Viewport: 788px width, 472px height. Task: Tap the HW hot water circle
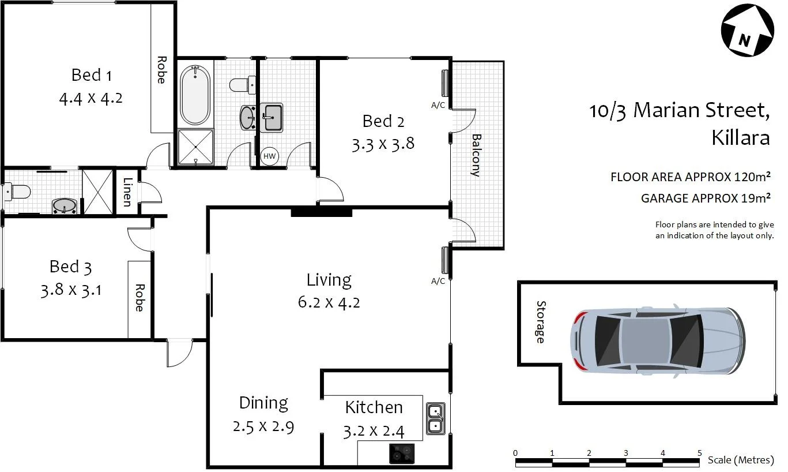[269, 155]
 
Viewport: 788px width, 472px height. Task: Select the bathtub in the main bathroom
[195, 95]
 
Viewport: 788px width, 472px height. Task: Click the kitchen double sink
[435, 419]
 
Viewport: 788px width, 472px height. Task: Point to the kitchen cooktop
[401, 454]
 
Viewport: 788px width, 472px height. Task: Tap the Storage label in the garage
[540, 322]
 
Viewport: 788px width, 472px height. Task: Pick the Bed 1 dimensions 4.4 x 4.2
[91, 98]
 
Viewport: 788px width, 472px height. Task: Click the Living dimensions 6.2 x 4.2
[329, 302]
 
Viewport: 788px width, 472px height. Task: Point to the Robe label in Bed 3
[139, 297]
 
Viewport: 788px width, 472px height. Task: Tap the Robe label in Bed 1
[161, 70]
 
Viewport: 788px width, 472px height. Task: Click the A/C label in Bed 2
[438, 106]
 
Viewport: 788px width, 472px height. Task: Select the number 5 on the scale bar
[699, 452]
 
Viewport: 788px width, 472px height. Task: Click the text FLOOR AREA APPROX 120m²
[691, 177]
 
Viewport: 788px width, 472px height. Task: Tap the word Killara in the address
[741, 138]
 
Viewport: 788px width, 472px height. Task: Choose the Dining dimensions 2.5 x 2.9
[263, 427]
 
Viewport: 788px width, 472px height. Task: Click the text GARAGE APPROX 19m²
[706, 198]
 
